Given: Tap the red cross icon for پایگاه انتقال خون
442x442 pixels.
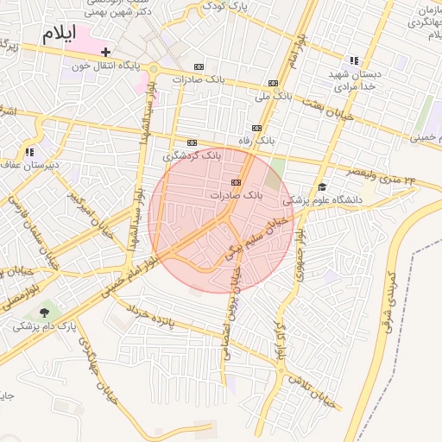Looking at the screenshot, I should [105, 53].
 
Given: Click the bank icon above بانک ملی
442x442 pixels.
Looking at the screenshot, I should [274, 83].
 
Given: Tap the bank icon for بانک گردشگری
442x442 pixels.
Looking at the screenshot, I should [192, 143].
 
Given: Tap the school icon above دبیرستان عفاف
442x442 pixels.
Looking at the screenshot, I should [30, 152].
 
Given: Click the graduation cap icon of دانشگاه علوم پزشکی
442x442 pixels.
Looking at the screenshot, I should [322, 186].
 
